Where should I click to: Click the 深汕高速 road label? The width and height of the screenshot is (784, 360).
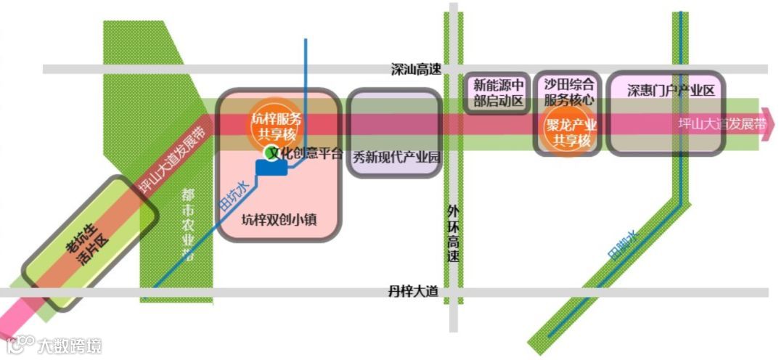pos(416,70)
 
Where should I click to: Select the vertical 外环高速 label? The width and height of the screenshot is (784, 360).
pos(454,234)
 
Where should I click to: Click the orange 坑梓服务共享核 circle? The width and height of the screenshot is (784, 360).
pos(276,123)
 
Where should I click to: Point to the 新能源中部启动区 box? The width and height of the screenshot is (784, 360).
pos(498,93)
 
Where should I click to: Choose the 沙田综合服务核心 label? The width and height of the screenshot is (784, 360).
pos(569,92)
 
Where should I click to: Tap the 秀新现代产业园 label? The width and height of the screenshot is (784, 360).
pos(396,157)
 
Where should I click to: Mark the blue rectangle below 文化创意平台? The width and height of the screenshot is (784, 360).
pos(272,168)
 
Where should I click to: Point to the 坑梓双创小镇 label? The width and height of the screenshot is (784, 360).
pos(279,218)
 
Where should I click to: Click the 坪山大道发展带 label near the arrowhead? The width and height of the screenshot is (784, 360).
pos(722,123)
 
